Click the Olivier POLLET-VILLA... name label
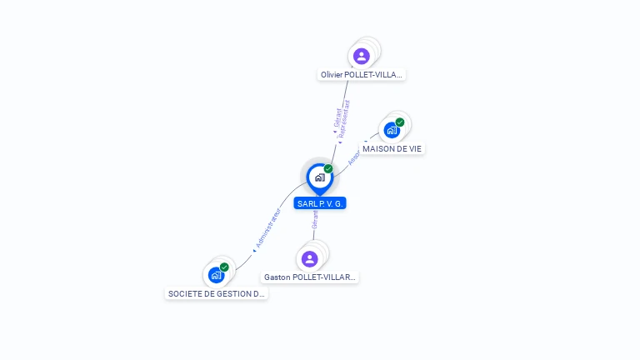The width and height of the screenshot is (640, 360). (362, 75)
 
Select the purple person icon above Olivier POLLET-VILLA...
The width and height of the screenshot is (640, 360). (361, 56)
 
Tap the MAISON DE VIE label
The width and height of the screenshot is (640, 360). (392, 148)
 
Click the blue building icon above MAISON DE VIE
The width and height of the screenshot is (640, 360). (392, 130)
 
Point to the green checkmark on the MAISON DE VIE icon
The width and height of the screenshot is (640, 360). (400, 122)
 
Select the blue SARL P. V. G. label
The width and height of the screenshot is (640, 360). (319, 203)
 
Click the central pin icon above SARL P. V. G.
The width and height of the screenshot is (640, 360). (319, 177)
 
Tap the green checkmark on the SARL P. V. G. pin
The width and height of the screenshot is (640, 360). (328, 168)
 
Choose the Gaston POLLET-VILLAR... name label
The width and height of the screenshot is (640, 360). (310, 277)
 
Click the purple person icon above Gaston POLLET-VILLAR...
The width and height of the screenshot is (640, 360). (310, 259)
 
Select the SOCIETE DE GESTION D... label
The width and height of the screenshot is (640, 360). (217, 293)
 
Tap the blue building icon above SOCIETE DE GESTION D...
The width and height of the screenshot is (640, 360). (216, 275)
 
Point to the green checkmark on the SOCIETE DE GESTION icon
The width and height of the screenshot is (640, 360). (224, 267)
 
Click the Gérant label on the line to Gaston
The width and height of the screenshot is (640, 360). (315, 219)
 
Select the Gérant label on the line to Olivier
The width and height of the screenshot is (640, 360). (337, 118)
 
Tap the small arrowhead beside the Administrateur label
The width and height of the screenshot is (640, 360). (254, 249)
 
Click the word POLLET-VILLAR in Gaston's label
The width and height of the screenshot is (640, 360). (328, 277)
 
